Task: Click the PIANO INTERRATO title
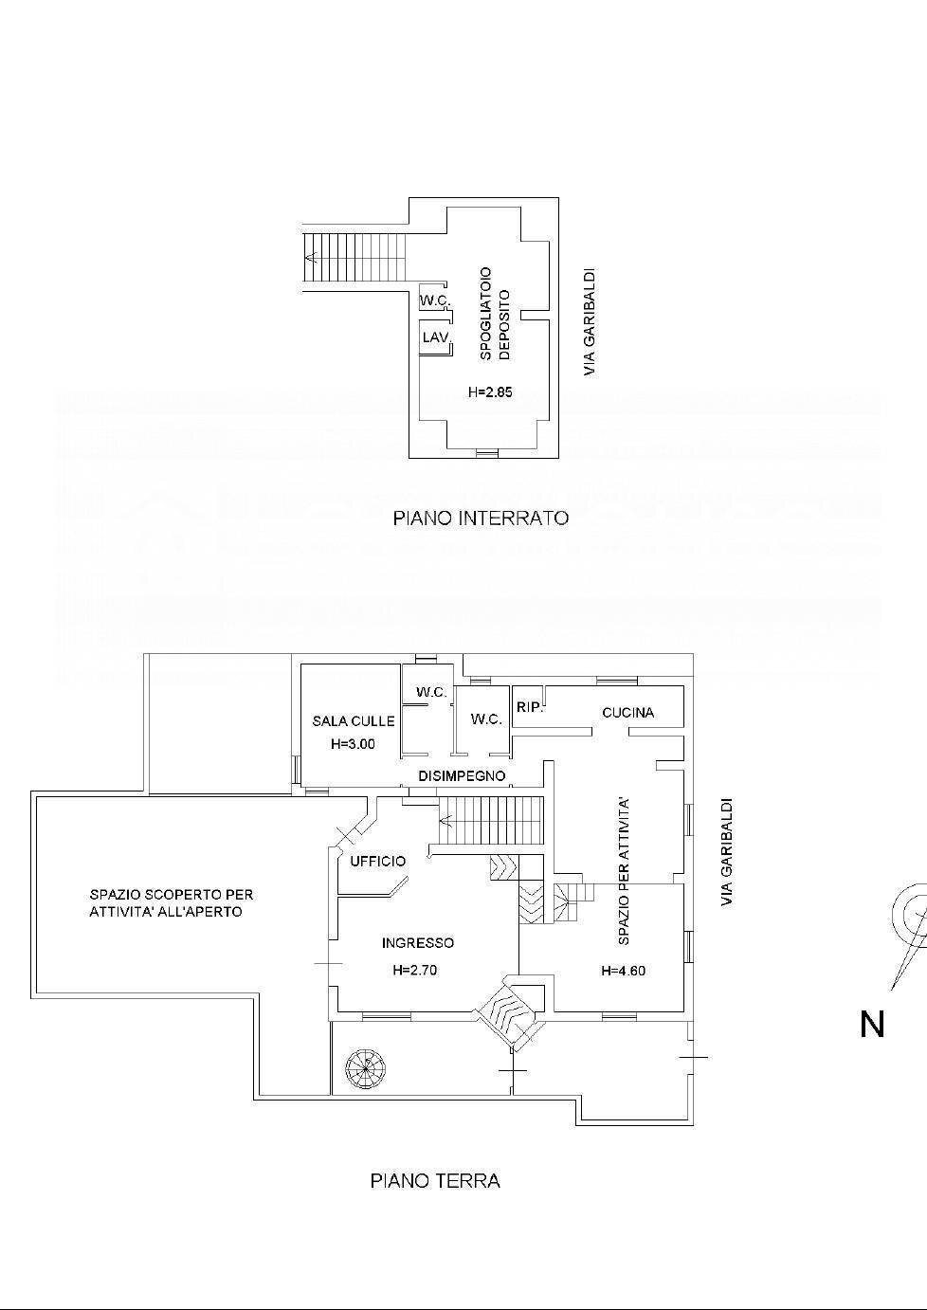481,519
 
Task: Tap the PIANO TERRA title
434,1181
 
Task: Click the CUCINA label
627,713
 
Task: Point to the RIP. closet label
530,707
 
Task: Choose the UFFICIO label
377,862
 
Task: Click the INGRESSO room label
417,943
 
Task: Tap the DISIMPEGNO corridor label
463,776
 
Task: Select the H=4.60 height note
623,971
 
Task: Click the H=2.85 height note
489,392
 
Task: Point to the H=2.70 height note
415,971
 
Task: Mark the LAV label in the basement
435,337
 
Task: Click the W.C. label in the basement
434,301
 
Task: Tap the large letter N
872,1024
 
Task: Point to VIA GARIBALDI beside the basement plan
590,323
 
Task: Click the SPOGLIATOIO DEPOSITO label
495,313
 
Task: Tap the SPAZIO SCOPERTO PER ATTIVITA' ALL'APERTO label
172,902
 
